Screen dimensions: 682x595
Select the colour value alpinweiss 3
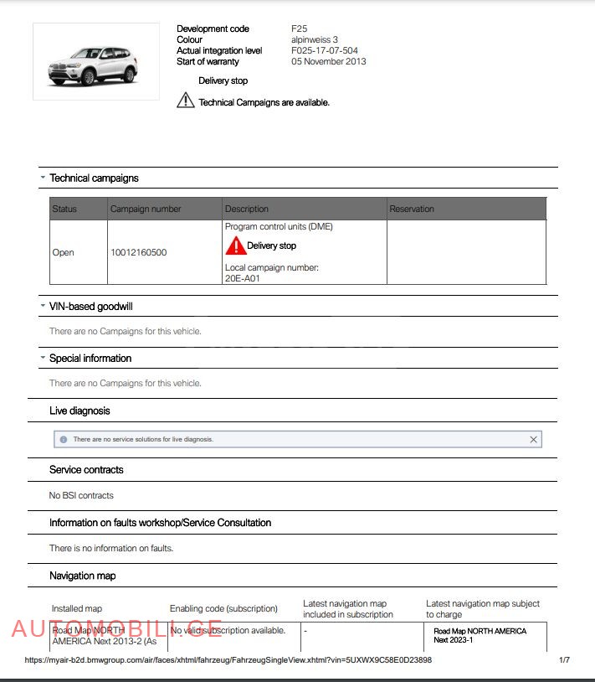click(x=315, y=40)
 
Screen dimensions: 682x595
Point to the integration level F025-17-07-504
click(x=324, y=51)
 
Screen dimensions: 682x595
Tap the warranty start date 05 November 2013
click(x=328, y=62)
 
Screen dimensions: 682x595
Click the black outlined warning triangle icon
click(x=186, y=101)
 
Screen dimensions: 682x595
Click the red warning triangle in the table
click(x=235, y=245)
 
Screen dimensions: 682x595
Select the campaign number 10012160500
click(x=138, y=253)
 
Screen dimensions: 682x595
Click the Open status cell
click(x=64, y=253)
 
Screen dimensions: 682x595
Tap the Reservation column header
click(x=412, y=209)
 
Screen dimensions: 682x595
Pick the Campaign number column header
click(x=146, y=209)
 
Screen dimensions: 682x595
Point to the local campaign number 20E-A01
click(x=243, y=279)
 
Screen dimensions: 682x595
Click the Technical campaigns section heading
click(x=94, y=178)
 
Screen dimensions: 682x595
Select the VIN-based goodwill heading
click(x=90, y=307)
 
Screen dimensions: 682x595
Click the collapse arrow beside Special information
click(x=43, y=358)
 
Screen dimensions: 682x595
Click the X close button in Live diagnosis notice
click(x=533, y=439)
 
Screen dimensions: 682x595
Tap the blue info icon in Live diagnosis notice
click(x=64, y=439)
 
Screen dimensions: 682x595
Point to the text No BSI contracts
click(x=81, y=496)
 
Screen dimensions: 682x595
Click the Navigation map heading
click(x=82, y=576)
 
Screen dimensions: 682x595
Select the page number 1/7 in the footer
click(x=564, y=660)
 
